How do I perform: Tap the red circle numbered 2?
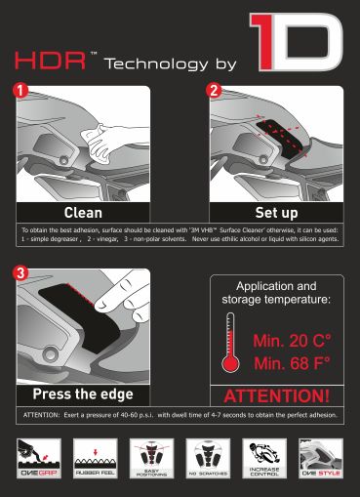coord(213,91)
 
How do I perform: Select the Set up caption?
coord(276,212)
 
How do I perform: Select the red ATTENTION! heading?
coord(277,396)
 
